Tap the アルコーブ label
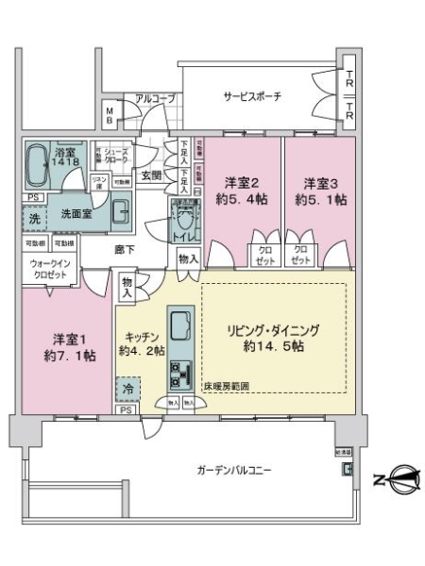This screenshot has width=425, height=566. [x=154, y=98]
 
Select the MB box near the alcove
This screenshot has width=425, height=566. [x=110, y=118]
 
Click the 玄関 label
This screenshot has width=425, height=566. [x=151, y=175]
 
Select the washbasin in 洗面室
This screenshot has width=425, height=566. [x=122, y=210]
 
